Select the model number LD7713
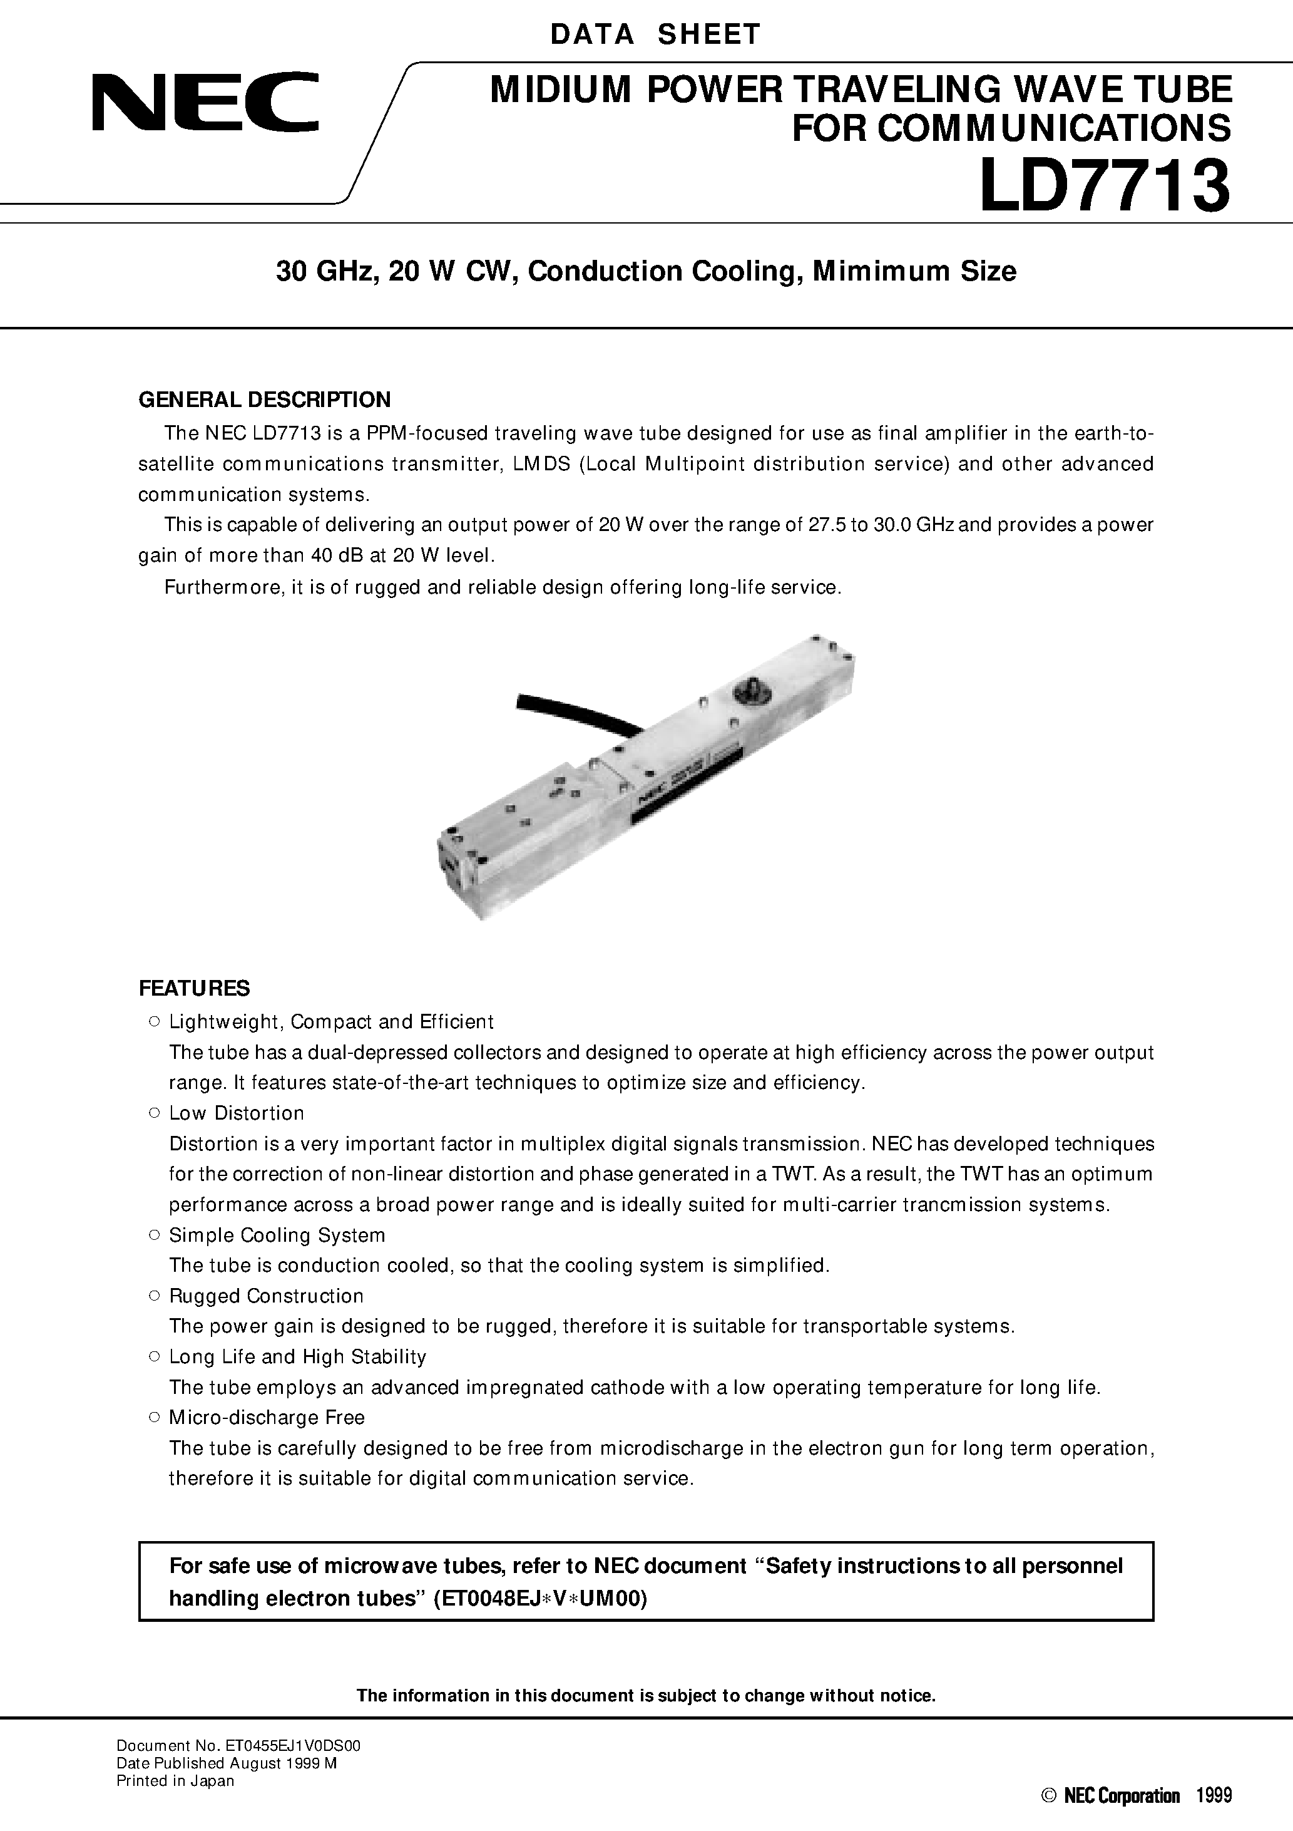click(x=1104, y=185)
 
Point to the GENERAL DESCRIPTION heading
click(x=265, y=400)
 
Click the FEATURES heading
click(x=194, y=988)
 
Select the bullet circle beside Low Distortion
click(x=155, y=1113)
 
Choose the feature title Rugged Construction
click(x=266, y=1296)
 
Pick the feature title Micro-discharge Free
click(x=266, y=1417)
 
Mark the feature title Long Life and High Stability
click(x=297, y=1356)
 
